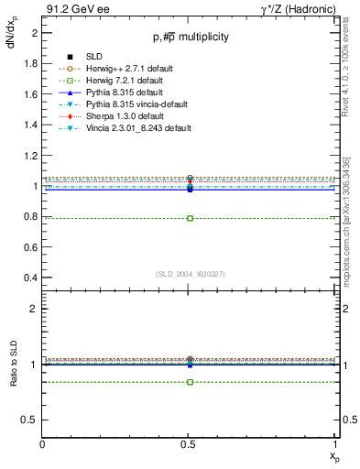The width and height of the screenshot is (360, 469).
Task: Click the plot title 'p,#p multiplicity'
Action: tap(191, 37)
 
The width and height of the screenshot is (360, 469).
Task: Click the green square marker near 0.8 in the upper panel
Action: tap(190, 218)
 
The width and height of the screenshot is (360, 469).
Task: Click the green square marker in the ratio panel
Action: tap(190, 381)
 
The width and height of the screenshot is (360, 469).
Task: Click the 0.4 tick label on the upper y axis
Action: tap(30, 278)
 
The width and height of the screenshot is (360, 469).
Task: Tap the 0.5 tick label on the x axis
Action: tap(190, 444)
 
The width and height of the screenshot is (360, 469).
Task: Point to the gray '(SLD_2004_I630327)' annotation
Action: tap(191, 273)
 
